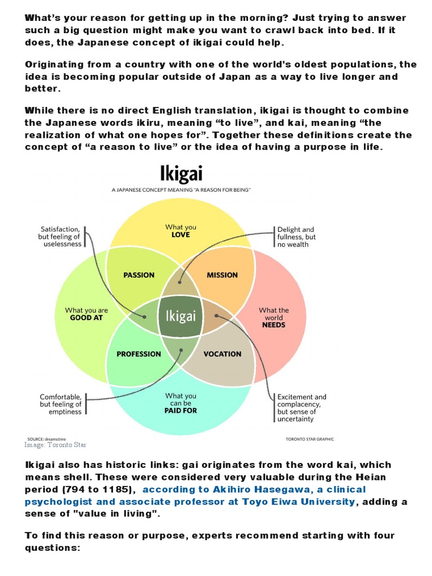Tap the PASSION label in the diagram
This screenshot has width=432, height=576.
[138, 275]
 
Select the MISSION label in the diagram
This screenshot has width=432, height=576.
[222, 275]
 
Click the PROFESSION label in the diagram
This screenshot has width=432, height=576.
[138, 354]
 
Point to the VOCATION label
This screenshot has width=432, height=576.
[222, 354]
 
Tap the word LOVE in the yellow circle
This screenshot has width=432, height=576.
[181, 235]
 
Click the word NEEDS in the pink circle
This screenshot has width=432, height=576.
[273, 325]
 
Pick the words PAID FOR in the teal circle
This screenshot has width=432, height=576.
[181, 411]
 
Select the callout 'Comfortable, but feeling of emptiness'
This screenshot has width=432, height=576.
[61, 404]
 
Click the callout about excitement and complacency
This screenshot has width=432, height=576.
[301, 408]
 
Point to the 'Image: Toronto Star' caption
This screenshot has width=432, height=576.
[55, 445]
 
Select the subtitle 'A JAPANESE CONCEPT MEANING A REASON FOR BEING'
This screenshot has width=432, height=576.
[181, 191]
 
